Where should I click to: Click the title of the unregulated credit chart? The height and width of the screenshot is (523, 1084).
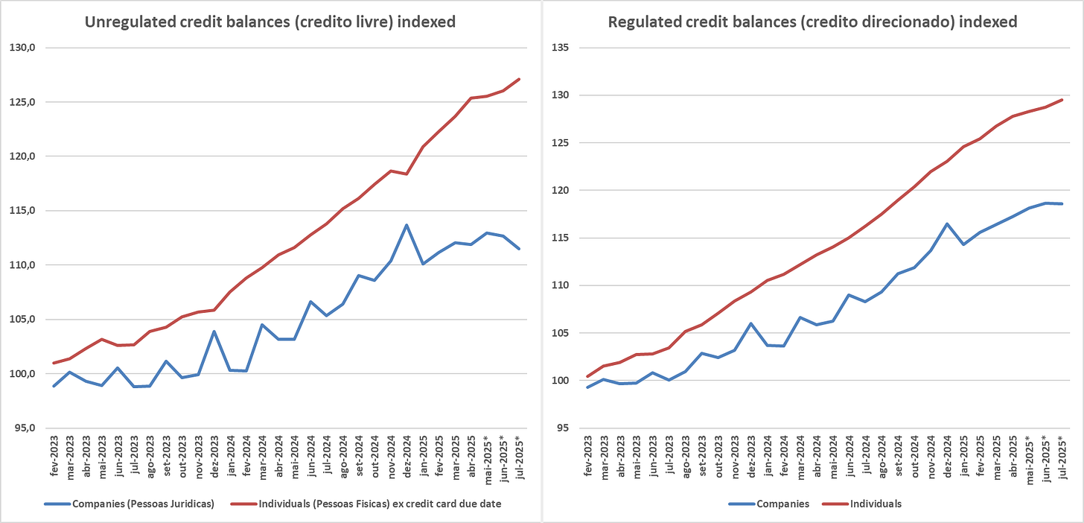tap(270, 22)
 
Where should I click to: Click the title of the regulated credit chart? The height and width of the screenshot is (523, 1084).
tap(812, 22)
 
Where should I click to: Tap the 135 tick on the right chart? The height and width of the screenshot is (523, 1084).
tap(560, 48)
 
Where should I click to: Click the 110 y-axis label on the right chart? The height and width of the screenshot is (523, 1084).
tap(560, 285)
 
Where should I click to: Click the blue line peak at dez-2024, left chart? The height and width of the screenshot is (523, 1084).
tap(406, 225)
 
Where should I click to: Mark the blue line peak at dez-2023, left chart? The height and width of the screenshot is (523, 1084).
tap(214, 332)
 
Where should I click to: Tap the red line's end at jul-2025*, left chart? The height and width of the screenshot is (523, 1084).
tap(519, 79)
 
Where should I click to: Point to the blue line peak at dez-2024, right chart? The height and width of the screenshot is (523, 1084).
tap(947, 224)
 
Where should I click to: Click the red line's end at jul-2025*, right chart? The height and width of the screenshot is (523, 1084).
tap(1061, 100)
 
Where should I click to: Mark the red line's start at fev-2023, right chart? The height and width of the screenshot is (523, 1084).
tap(588, 376)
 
